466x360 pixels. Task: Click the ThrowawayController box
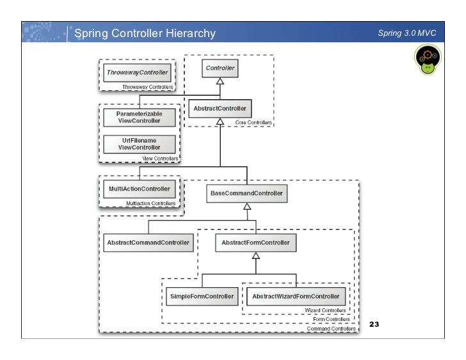[137, 72]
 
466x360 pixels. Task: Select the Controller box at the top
[220, 68]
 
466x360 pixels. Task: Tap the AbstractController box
[220, 109]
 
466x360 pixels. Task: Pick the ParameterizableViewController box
[140, 118]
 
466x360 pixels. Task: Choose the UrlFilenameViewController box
[140, 145]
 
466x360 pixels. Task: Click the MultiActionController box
[140, 189]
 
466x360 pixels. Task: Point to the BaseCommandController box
[246, 194]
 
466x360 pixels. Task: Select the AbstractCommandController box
[149, 243]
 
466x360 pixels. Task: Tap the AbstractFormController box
[255, 243]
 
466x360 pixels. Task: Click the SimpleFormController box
[202, 297]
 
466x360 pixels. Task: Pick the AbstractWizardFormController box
[296, 297]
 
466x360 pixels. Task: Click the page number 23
[374, 324]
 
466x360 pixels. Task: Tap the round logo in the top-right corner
[428, 59]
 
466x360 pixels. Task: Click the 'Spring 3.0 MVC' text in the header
[407, 33]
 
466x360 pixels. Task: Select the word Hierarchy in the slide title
[191, 33]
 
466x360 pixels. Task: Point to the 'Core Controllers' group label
[253, 123]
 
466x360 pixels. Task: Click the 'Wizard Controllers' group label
[325, 310]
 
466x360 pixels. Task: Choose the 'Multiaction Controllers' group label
[150, 203]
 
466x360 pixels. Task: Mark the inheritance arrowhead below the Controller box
[220, 81]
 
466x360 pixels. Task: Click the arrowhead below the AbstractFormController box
[256, 256]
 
